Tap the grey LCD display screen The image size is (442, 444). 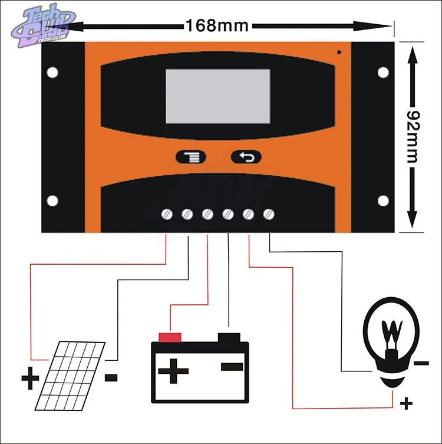click(x=217, y=96)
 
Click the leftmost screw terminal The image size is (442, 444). click(x=167, y=214)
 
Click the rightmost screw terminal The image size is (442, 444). click(x=269, y=213)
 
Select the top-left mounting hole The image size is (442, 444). click(x=52, y=73)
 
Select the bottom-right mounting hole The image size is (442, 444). click(x=383, y=201)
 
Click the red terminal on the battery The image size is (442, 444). click(x=170, y=337)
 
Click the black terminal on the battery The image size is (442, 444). click(x=229, y=337)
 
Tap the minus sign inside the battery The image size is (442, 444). click(x=231, y=366)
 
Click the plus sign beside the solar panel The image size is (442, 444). click(x=29, y=377)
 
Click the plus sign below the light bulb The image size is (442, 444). click(x=405, y=404)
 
